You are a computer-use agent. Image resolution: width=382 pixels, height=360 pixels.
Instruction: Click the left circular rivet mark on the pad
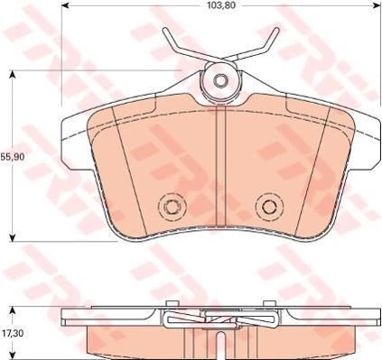pyautogui.click(x=169, y=207)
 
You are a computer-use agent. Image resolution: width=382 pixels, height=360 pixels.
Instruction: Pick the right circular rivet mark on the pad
pyautogui.click(x=266, y=207)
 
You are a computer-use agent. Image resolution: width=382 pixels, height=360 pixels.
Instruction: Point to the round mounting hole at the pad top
pyautogui.click(x=219, y=82)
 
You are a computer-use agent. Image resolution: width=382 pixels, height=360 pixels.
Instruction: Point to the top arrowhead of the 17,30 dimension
pyautogui.click(x=11, y=309)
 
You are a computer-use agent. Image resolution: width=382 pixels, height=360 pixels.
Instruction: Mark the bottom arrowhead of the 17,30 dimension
pyautogui.click(x=11, y=356)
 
